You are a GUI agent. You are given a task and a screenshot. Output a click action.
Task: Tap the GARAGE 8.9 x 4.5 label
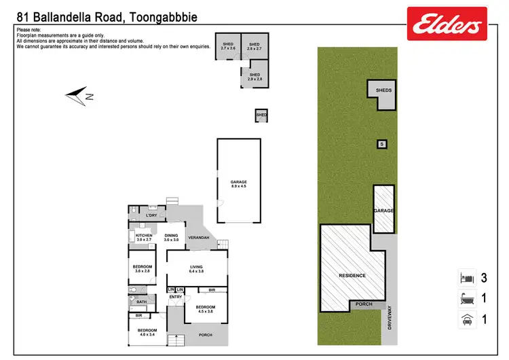(x=238, y=184)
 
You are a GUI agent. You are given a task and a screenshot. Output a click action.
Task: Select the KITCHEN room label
(x=145, y=237)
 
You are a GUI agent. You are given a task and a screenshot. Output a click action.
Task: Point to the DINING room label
(x=171, y=237)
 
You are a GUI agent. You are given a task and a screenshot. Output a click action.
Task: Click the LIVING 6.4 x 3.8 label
(x=197, y=270)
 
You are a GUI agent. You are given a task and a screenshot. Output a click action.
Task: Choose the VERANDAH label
(x=198, y=238)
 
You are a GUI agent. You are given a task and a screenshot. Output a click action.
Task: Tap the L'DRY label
(x=153, y=216)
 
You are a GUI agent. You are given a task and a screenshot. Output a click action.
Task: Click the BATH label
(x=141, y=302)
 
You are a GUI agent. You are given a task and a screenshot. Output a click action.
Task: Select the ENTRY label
(x=175, y=297)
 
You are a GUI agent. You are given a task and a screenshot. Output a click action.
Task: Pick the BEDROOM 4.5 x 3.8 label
(x=205, y=310)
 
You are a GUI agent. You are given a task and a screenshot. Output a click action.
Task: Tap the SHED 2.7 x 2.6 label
(x=227, y=46)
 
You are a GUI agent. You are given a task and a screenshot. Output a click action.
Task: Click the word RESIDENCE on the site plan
(x=352, y=275)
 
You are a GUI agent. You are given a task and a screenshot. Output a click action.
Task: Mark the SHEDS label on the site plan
(x=383, y=90)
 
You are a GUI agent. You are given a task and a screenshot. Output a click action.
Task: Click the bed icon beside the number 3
(x=466, y=278)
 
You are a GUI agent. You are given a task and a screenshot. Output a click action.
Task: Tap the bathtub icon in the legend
(x=466, y=298)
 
